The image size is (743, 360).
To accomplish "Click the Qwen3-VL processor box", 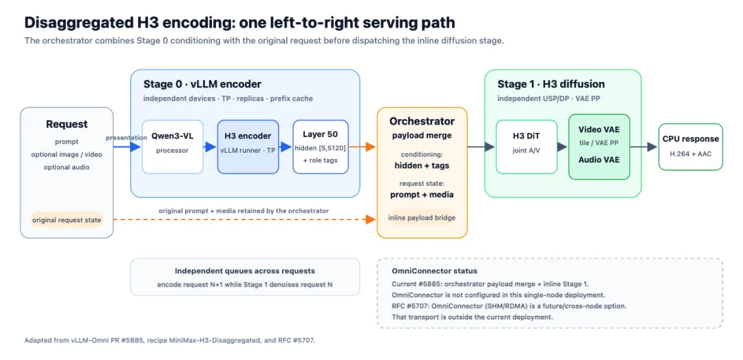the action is [173, 147].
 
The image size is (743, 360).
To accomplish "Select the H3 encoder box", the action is [248, 147].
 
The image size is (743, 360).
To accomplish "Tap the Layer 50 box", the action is [321, 147].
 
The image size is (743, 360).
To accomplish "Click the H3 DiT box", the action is [526, 147].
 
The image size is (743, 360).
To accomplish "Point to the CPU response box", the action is [691, 147].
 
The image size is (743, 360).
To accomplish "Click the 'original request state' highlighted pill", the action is [66, 220].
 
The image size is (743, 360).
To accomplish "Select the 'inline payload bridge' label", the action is [422, 218].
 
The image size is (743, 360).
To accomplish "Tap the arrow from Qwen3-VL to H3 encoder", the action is [211, 147].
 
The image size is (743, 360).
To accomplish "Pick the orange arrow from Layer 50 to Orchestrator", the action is [363, 147].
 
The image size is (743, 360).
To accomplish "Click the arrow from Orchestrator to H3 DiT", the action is [482, 147].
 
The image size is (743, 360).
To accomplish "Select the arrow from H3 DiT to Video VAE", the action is [563, 147].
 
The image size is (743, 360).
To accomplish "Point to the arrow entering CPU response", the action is [644, 147].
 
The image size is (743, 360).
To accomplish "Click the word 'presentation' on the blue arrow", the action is [127, 138].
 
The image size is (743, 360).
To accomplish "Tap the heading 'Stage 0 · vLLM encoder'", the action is [202, 84].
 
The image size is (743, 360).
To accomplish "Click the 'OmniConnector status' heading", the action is [435, 271].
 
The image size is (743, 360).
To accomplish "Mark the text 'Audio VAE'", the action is [599, 160].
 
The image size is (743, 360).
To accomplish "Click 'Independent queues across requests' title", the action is [245, 271].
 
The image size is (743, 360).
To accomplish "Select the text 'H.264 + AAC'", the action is [691, 153].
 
